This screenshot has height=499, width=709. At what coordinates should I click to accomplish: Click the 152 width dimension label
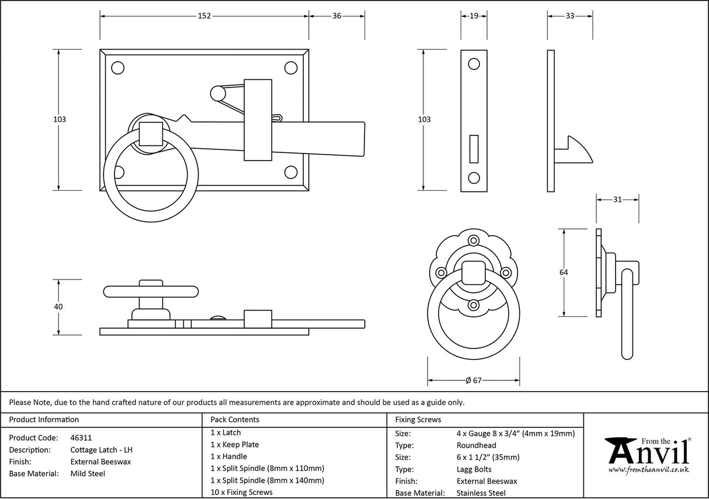(x=204, y=16)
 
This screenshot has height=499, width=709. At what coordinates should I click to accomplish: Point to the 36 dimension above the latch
(x=337, y=16)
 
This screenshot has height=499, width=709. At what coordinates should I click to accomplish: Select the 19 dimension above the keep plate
(x=474, y=16)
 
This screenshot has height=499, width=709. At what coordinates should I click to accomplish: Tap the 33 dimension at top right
(x=569, y=16)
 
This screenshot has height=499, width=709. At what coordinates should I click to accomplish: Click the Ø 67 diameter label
(x=473, y=381)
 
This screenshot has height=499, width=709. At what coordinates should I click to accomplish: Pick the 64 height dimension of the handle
(x=563, y=272)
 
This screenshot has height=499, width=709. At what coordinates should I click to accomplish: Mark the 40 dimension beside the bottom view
(x=58, y=306)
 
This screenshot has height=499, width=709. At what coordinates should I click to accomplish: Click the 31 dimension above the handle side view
(x=617, y=200)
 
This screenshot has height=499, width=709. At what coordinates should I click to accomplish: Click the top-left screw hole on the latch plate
(x=118, y=68)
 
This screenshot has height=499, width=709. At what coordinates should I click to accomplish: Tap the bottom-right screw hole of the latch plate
(x=291, y=172)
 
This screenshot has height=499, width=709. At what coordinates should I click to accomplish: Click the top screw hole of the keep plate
(x=474, y=64)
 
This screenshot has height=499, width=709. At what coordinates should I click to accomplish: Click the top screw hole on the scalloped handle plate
(x=474, y=240)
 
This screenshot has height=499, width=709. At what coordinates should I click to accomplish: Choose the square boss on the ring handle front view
(x=474, y=273)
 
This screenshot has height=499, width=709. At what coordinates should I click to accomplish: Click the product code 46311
(x=81, y=438)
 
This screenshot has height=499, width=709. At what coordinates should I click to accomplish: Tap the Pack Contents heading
(x=235, y=420)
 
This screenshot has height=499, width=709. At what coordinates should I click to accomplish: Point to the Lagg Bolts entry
(x=474, y=469)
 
